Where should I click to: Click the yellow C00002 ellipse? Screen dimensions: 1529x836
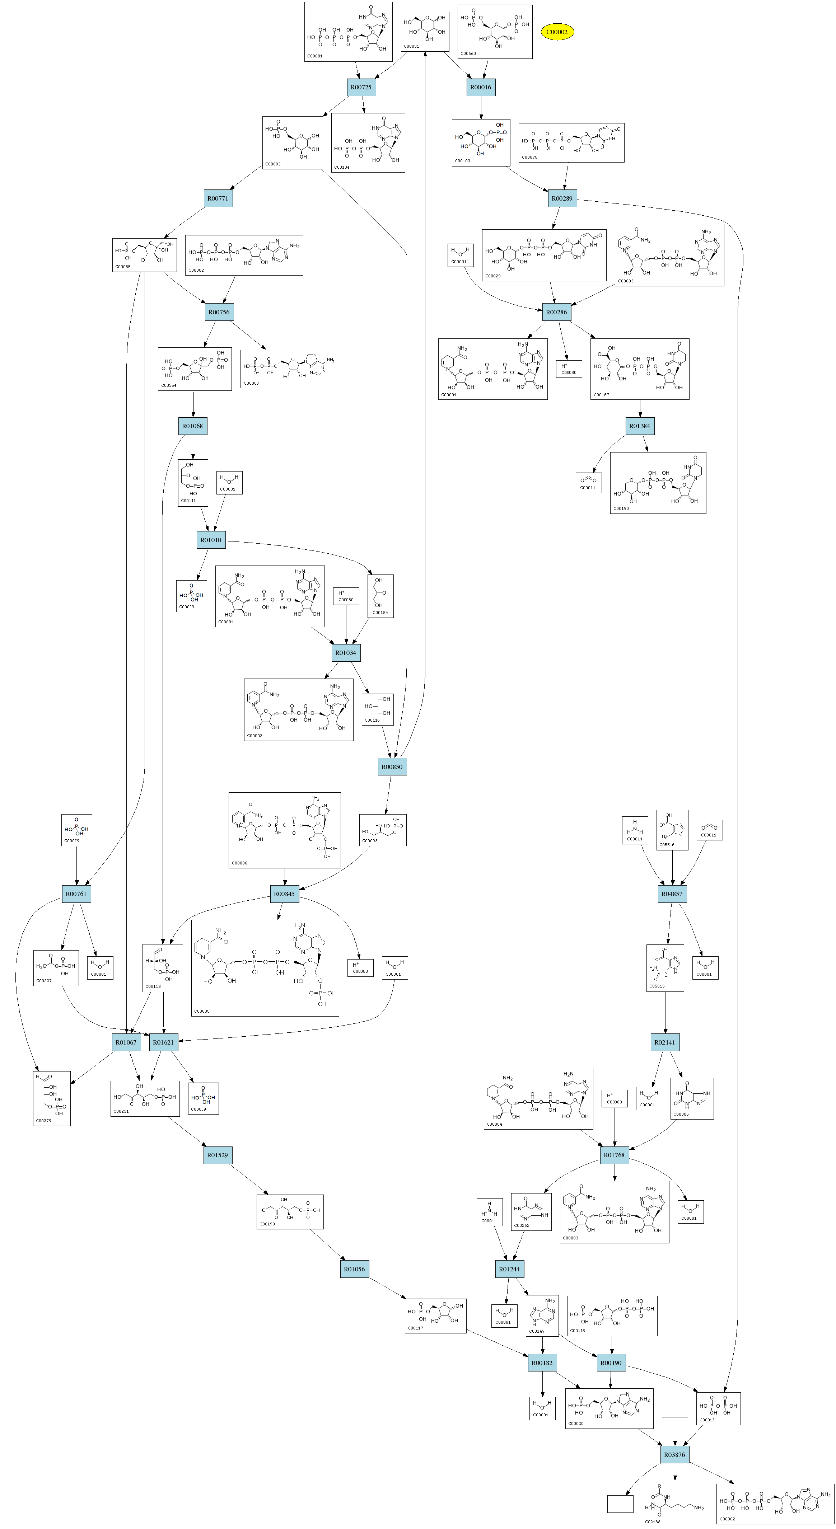coord(557,32)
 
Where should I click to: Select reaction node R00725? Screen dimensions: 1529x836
coord(361,87)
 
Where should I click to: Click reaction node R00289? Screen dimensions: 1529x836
coord(562,198)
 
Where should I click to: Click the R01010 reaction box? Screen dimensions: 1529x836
coord(211,540)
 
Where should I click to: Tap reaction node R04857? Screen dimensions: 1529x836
coord(672,893)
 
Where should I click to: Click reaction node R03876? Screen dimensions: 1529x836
coord(674,1454)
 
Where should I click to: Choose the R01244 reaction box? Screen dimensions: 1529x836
coord(509,1269)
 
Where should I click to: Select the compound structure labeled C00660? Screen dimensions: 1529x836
coord(495,32)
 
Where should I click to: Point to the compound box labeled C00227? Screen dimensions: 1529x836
coord(56,967)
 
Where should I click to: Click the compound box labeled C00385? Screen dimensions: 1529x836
coord(692,1098)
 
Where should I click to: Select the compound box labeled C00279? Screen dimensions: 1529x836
coord(52,1098)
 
